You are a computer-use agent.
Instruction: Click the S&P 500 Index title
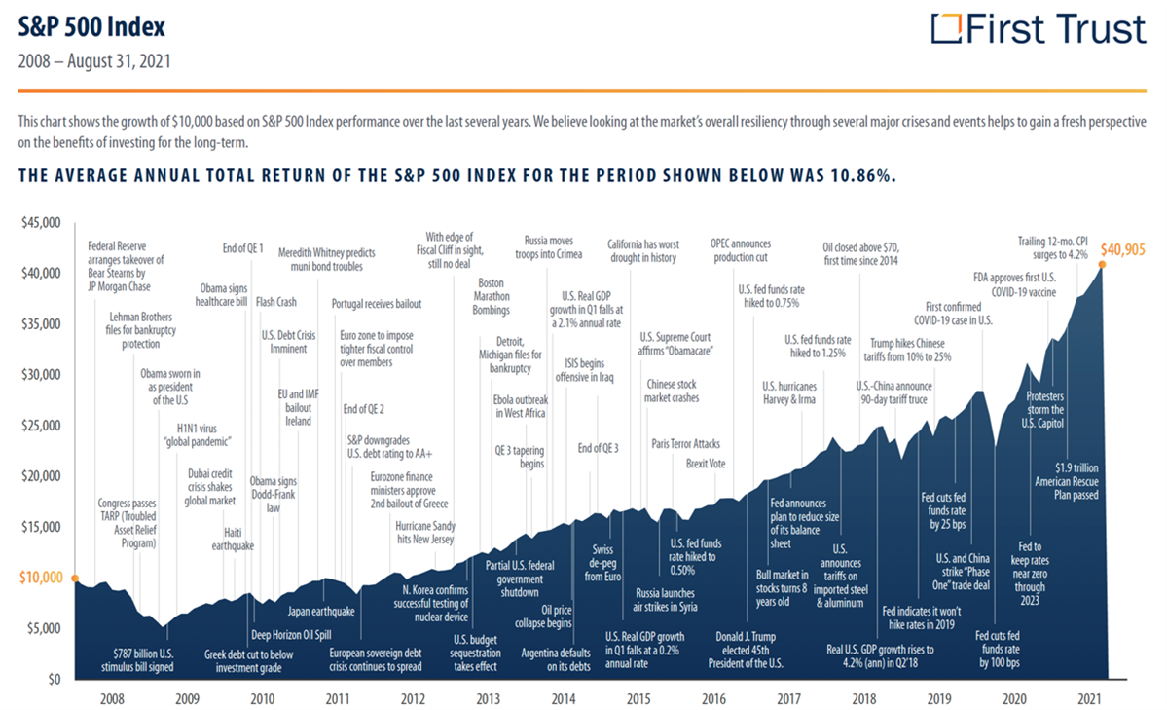pyautogui.click(x=92, y=26)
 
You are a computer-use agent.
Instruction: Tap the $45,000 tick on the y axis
pyautogui.click(x=40, y=223)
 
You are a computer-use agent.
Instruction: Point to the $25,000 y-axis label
pyautogui.click(x=40, y=426)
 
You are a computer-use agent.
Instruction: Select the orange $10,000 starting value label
pyautogui.click(x=40, y=578)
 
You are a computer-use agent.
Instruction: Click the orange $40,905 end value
pyautogui.click(x=1123, y=248)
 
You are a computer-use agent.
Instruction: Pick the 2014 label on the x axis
pyautogui.click(x=564, y=698)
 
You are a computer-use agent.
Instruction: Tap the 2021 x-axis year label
pyautogui.click(x=1090, y=698)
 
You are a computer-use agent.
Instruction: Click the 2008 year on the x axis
pyautogui.click(x=112, y=698)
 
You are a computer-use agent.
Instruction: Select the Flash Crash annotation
pyautogui.click(x=276, y=302)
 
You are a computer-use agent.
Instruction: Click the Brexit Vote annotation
pyautogui.click(x=706, y=464)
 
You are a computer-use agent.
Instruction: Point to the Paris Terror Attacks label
pyautogui.click(x=686, y=443)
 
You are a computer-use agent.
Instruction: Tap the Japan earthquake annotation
pyautogui.click(x=321, y=612)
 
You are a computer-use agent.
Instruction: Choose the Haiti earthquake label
pyautogui.click(x=233, y=539)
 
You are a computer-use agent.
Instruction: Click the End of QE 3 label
pyautogui.click(x=598, y=448)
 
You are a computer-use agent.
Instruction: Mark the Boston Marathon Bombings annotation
pyautogui.click(x=492, y=297)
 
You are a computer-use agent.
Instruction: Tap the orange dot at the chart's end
pyautogui.click(x=1104, y=266)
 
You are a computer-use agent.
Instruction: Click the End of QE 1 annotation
pyautogui.click(x=242, y=248)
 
